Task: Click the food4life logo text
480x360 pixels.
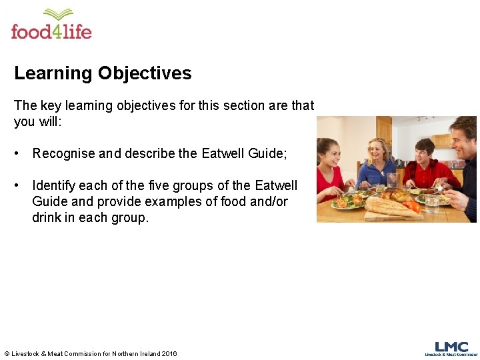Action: click(51, 31)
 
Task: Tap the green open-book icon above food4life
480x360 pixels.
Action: click(58, 15)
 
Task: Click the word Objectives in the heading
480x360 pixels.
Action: click(146, 73)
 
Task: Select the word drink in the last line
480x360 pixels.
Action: click(46, 217)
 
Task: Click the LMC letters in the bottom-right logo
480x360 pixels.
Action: click(451, 347)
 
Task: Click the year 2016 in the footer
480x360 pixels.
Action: click(169, 353)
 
